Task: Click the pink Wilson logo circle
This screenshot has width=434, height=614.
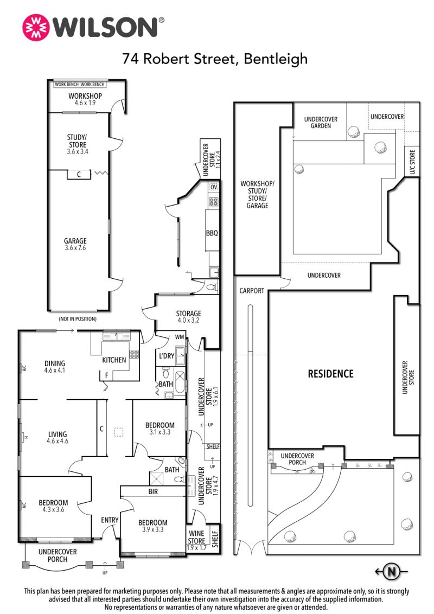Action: coord(36,28)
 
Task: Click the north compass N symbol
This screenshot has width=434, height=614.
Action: coord(391,572)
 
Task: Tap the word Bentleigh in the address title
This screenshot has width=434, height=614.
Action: coord(276,59)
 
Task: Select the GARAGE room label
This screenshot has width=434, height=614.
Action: coord(75,241)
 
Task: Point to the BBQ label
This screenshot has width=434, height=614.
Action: coord(212,233)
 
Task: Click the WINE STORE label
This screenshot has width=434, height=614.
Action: coord(196,537)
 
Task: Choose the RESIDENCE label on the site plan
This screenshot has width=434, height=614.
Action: coord(330,374)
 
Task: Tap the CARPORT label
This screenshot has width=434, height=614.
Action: coord(252,291)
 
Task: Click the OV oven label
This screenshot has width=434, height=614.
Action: coord(214,187)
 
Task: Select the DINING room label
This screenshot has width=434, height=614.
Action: coord(55,363)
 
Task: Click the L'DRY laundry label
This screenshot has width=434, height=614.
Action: coord(167,356)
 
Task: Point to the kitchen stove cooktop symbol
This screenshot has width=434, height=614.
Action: coord(135,354)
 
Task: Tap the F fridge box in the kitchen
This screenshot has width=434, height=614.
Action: coord(106,375)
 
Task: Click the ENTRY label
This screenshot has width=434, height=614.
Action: coord(110,520)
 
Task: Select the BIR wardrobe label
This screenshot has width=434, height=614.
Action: coord(153,491)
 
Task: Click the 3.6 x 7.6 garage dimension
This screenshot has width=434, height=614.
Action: coord(75,248)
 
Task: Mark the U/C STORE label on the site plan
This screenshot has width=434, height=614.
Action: coord(412,162)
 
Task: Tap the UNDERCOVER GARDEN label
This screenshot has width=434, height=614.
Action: coord(321,123)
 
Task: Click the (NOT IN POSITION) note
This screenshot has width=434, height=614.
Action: coord(78,319)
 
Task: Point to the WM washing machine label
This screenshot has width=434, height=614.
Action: coord(180,337)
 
